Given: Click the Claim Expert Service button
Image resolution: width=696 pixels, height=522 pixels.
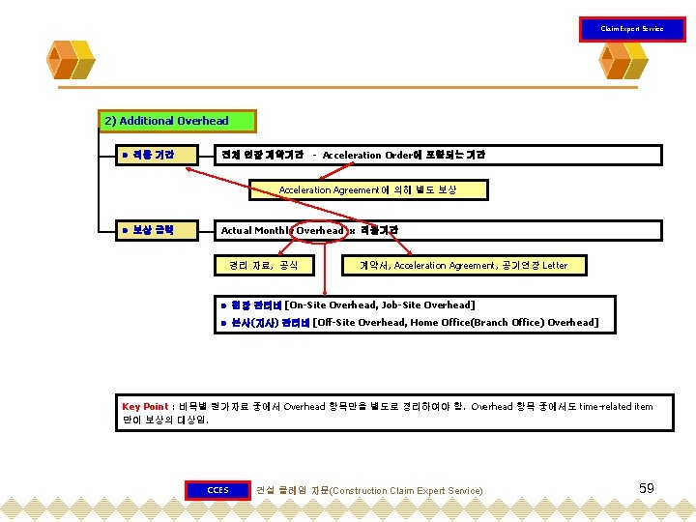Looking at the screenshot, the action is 631,29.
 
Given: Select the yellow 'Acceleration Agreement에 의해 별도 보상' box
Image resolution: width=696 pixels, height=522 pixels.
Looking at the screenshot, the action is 367,190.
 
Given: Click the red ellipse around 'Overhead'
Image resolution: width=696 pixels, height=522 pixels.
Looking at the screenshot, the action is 319,230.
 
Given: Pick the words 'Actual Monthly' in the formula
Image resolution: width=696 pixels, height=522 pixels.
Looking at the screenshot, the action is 254,230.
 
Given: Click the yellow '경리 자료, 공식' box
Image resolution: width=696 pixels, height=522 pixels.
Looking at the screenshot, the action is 263,265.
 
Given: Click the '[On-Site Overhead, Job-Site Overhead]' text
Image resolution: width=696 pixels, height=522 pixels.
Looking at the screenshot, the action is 393,304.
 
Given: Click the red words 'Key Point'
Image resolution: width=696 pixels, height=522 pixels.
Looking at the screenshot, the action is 145,407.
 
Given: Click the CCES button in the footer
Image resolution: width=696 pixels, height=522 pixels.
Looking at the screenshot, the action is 217,490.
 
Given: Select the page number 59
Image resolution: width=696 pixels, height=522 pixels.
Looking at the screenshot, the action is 647,488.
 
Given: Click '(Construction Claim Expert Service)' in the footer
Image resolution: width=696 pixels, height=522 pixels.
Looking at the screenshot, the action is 405,491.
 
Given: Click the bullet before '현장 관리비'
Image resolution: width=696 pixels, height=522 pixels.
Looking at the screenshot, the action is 223,305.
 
